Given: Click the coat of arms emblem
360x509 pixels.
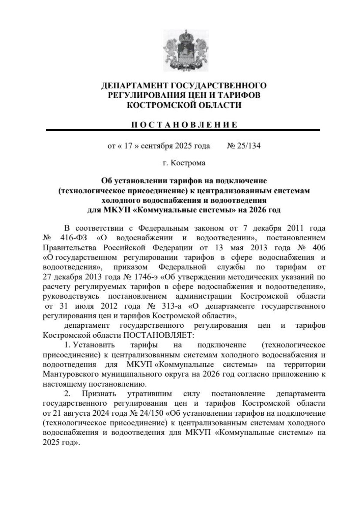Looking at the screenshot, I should pyautogui.click(x=184, y=50).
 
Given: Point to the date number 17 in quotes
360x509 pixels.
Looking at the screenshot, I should pyautogui.click(x=128, y=146).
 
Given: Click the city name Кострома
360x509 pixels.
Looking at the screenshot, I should pyautogui.click(x=188, y=163).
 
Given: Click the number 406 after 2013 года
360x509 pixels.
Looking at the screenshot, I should pyautogui.click(x=318, y=248).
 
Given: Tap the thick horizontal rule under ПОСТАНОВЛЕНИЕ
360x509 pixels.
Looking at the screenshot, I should pyautogui.click(x=183, y=130).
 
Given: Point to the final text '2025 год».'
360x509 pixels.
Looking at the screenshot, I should pyautogui.click(x=62, y=442).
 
